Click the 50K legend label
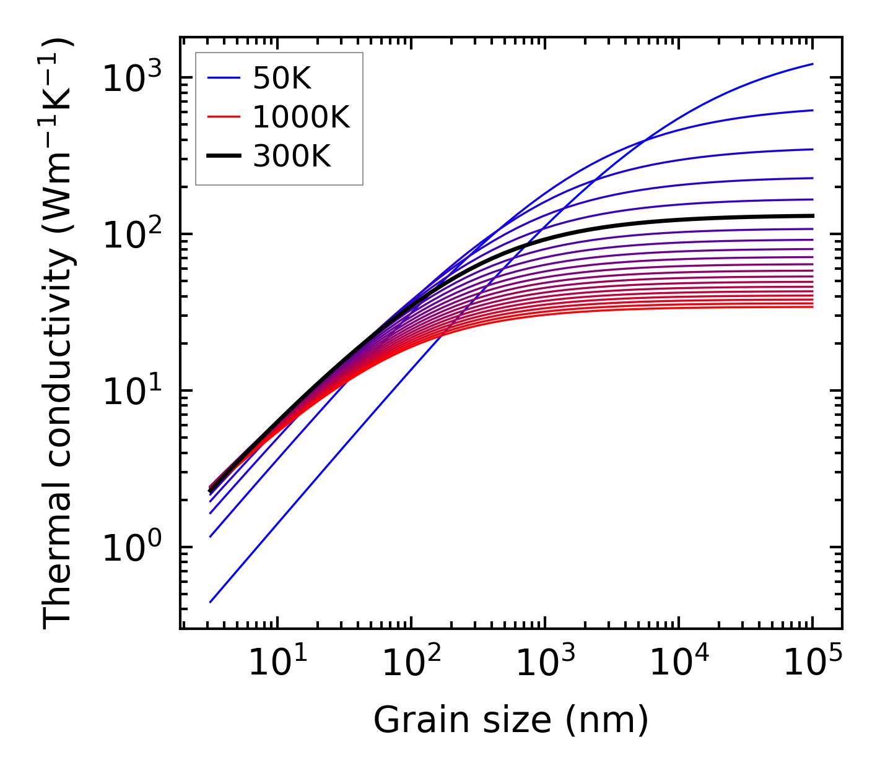coord(281,79)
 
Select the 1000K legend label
coord(301,118)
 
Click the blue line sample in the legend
coord(223,79)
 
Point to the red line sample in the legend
coord(223,118)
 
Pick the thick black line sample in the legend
coord(223,157)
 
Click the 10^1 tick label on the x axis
coord(277,663)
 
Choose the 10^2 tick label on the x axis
coord(411,663)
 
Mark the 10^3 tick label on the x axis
coord(545,663)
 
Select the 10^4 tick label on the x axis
coord(679,663)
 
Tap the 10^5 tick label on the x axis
coord(812,663)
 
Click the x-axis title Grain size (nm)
coord(511,720)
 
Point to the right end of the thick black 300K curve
coord(812,216)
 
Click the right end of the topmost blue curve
coord(812,64)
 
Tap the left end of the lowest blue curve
coord(211,602)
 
